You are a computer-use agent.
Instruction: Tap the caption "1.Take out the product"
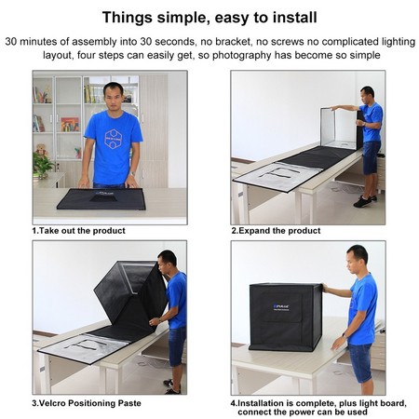pyautogui.click(x=78, y=231)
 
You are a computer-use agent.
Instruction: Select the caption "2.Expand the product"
pyautogui.click(x=276, y=231)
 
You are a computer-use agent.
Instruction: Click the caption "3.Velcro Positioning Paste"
pyautogui.click(x=87, y=403)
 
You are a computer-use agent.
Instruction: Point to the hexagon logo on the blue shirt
pyautogui.click(x=114, y=139)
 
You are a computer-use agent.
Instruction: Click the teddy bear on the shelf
pyautogui.click(x=41, y=150)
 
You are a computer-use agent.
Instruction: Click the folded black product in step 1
pyautogui.click(x=101, y=198)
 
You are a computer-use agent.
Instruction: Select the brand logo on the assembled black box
pyautogui.click(x=281, y=307)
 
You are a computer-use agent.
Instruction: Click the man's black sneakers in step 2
pyautogui.click(x=365, y=201)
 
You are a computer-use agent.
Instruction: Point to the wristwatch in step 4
pyautogui.click(x=344, y=335)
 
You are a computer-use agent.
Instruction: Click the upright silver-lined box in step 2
pyautogui.click(x=340, y=128)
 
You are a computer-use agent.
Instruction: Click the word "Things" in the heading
pyautogui.click(x=128, y=18)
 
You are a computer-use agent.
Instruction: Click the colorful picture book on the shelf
pyautogui.click(x=70, y=124)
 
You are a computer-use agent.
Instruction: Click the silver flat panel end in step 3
pyautogui.click(x=83, y=348)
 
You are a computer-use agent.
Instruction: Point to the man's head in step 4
pyautogui.click(x=358, y=259)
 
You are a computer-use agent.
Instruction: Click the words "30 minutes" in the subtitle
pyautogui.click(x=32, y=42)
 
